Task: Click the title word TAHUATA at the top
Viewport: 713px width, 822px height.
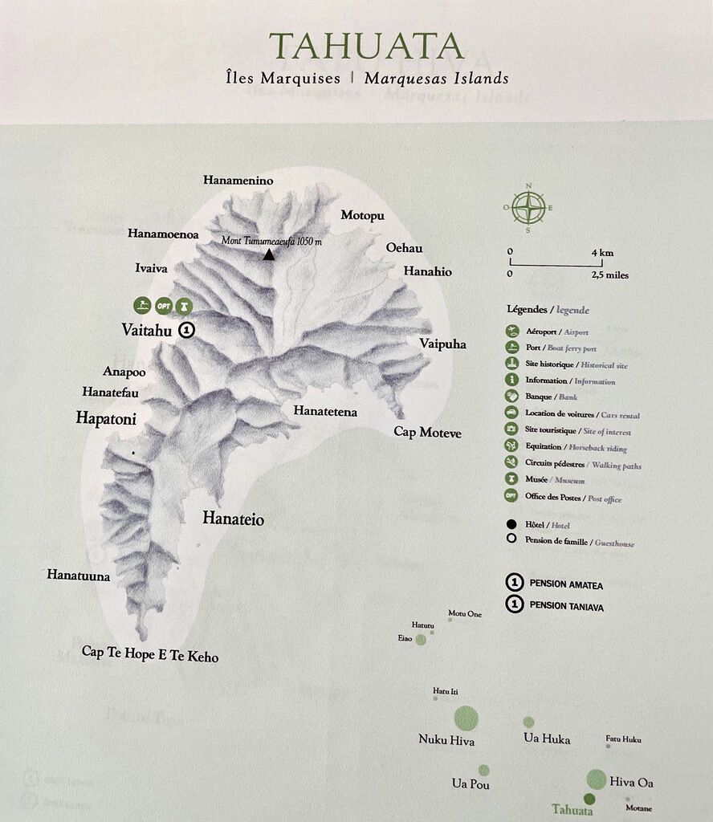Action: click(x=367, y=46)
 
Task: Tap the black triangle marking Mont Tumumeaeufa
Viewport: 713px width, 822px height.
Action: click(x=269, y=254)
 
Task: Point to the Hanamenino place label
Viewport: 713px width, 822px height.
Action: click(x=238, y=181)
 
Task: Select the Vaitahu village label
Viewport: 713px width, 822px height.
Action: click(x=147, y=329)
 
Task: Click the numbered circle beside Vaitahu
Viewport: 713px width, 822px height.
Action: click(x=187, y=329)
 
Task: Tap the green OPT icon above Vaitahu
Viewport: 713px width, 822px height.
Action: click(x=164, y=306)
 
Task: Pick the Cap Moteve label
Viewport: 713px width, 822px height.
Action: click(x=427, y=432)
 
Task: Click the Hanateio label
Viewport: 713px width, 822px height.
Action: click(x=233, y=519)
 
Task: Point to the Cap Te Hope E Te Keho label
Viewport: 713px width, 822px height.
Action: click(x=150, y=654)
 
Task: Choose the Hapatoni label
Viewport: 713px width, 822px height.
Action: click(x=106, y=418)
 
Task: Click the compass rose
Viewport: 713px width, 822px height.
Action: click(x=528, y=208)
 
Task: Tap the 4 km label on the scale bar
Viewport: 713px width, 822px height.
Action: click(x=602, y=253)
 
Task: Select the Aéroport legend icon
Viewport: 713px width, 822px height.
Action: click(x=511, y=332)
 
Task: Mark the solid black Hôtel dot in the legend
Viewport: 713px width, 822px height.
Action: click(x=511, y=524)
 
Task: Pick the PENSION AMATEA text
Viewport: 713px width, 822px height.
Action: click(x=564, y=585)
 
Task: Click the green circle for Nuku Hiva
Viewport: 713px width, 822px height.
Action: click(x=466, y=718)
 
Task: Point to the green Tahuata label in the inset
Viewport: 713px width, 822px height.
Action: click(x=572, y=810)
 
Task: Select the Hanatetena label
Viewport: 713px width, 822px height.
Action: click(x=325, y=412)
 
